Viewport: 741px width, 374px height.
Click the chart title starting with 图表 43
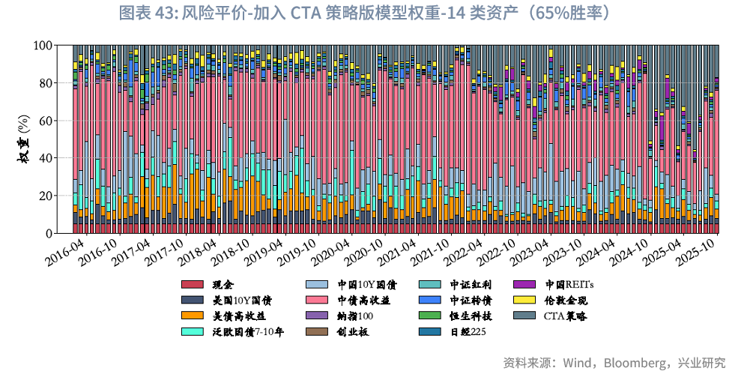[370, 13]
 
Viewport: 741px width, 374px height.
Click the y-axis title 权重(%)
[23, 139]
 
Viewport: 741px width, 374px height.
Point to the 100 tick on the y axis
[43, 46]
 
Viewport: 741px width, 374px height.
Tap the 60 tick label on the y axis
[46, 121]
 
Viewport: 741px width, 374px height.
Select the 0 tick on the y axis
[49, 233]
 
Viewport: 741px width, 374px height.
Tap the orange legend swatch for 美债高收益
[193, 316]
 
